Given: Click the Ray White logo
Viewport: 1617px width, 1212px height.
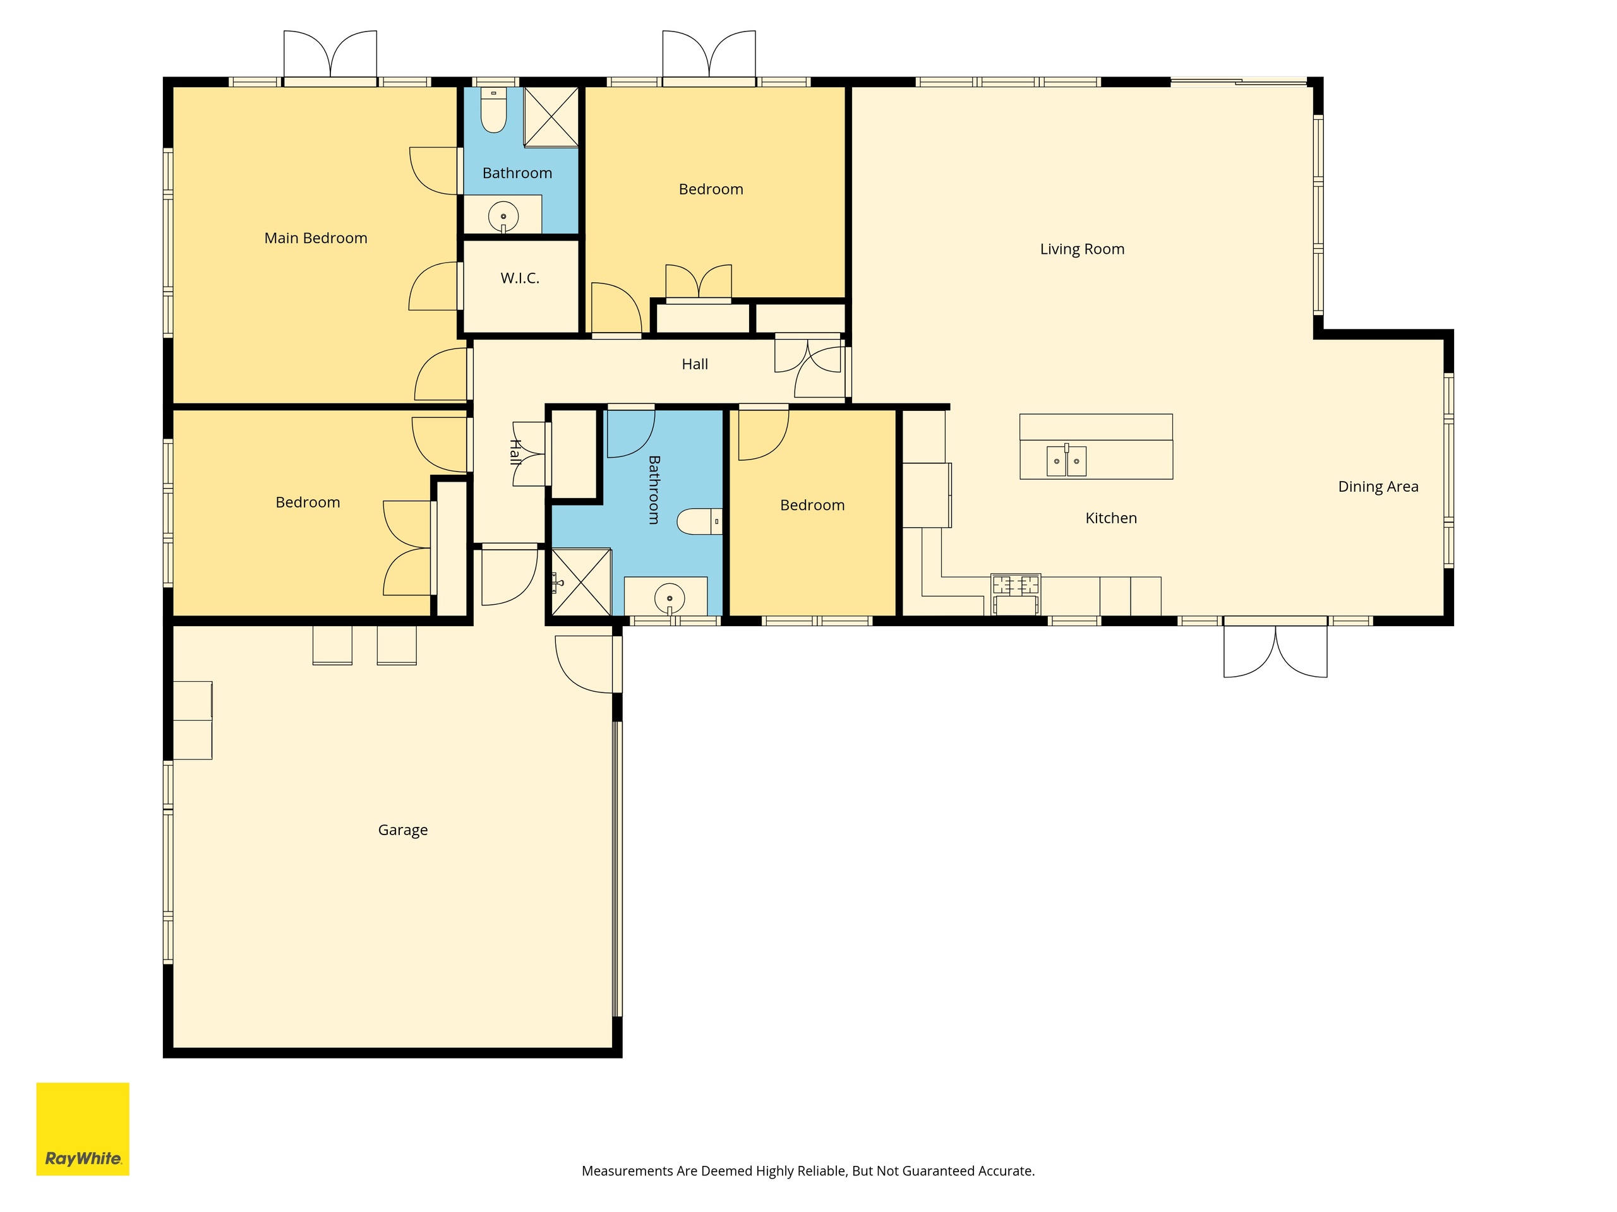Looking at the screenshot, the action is pyautogui.click(x=83, y=1129).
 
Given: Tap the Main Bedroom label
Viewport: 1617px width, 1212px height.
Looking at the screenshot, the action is pyautogui.click(x=316, y=238).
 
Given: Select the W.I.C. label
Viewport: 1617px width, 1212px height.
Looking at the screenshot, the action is pyautogui.click(x=520, y=278).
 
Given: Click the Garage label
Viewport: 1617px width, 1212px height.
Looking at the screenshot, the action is pyautogui.click(x=403, y=830).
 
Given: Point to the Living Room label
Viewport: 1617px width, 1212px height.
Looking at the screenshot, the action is pyautogui.click(x=1082, y=249).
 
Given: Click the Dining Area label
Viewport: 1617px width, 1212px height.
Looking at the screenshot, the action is pyautogui.click(x=1378, y=487).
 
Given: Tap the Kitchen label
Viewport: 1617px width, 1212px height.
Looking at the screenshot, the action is pyautogui.click(x=1111, y=518).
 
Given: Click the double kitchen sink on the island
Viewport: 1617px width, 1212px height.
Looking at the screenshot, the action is pyautogui.click(x=1067, y=460).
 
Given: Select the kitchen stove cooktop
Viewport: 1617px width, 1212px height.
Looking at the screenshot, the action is pyautogui.click(x=1016, y=585).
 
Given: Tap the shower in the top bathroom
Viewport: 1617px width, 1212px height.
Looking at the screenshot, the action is pyautogui.click(x=551, y=117).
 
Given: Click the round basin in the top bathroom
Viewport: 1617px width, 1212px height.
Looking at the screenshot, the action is pyautogui.click(x=503, y=217).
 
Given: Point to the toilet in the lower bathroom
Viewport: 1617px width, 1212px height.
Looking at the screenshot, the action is pyautogui.click(x=700, y=521).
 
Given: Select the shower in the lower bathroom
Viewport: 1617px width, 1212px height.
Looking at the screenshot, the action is pyautogui.click(x=581, y=582).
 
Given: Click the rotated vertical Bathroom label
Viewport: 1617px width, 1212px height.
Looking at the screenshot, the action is pyautogui.click(x=654, y=490).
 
